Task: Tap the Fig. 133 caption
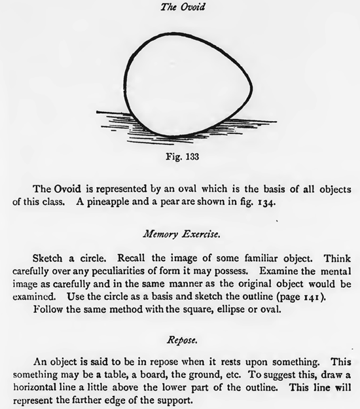179,156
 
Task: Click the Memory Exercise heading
179,232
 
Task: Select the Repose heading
179,340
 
